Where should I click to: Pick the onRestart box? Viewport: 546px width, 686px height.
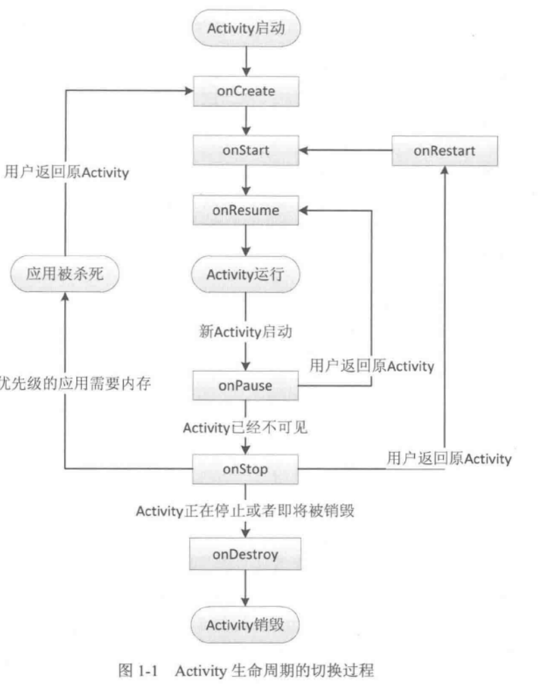444,150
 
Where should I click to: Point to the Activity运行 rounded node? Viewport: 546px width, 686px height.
245,275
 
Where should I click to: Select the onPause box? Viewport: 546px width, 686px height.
245,385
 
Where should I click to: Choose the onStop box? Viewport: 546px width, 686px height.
245,469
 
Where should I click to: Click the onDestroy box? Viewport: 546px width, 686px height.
245,554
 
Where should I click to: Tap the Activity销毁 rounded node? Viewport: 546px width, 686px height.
245,625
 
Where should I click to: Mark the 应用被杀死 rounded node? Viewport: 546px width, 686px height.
63,275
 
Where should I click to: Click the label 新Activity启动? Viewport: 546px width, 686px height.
245,332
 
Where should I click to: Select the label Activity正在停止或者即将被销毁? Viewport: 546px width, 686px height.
245,511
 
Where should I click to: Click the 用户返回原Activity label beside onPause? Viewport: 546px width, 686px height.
371,366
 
